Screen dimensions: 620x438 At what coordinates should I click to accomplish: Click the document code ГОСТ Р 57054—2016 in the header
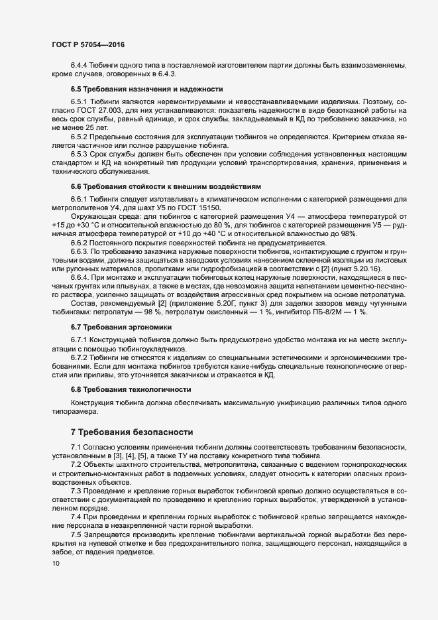click(x=88, y=44)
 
